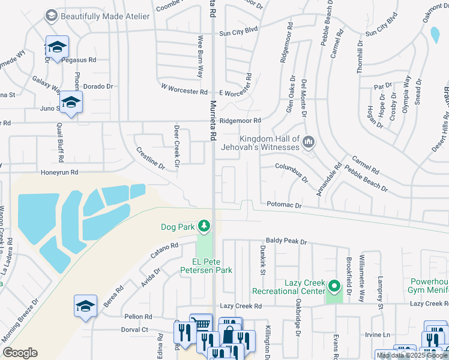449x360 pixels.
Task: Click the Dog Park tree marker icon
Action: [205, 226]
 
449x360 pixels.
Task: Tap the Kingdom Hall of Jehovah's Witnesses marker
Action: [309, 142]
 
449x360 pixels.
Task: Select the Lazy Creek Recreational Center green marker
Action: [334, 284]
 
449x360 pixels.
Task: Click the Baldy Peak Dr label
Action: [287, 241]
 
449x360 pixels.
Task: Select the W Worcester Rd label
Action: [184, 91]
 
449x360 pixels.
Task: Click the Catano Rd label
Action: [165, 250]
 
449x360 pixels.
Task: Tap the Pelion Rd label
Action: [139, 316]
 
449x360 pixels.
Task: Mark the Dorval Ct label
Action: [134, 329]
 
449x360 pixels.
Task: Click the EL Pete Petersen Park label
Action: [203, 266]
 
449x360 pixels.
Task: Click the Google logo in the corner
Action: [20, 353]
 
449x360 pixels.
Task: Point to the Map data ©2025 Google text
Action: [411, 355]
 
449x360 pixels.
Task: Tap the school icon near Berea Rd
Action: [85, 306]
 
